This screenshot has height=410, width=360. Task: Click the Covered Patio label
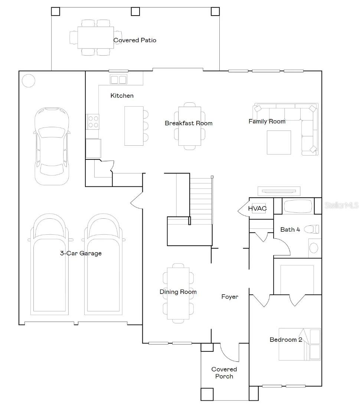135,40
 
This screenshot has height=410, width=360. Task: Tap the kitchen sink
118,79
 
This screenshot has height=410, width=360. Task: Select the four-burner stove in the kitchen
93,121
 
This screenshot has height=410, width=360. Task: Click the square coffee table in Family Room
279,142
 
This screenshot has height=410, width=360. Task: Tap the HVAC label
257,208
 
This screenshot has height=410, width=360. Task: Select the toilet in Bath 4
311,229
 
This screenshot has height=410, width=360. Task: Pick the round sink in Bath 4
314,247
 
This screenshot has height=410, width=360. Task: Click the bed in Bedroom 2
299,344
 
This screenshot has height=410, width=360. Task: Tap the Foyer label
230,297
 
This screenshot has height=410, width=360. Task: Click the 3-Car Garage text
81,254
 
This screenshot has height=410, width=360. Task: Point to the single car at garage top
52,146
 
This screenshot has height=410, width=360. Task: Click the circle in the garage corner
28,80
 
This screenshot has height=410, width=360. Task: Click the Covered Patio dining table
95,37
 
